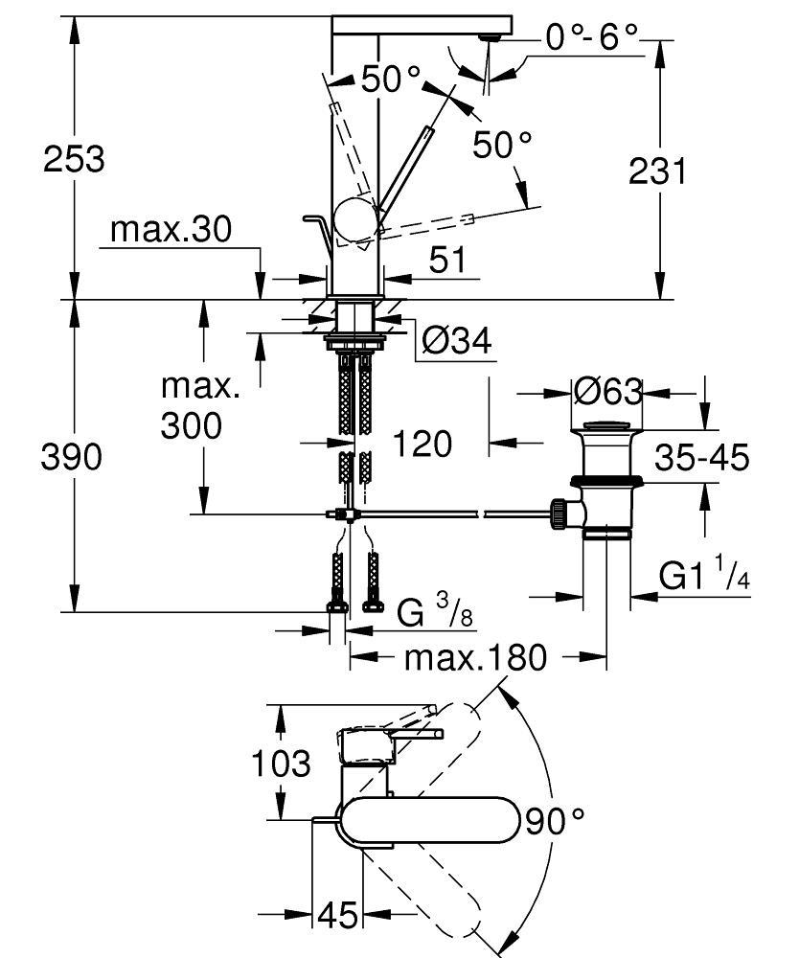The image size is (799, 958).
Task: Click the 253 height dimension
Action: pyautogui.click(x=74, y=158)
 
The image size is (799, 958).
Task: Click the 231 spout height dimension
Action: pyautogui.click(x=657, y=171)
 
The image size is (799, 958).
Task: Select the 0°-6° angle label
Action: pyautogui.click(x=591, y=37)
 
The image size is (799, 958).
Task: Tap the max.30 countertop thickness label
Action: pyautogui.click(x=171, y=230)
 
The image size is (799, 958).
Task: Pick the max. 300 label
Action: pyautogui.click(x=200, y=408)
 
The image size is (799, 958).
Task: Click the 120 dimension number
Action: pyautogui.click(x=422, y=444)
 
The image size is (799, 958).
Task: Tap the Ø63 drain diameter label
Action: pyautogui.click(x=608, y=391)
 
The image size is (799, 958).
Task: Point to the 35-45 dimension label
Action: pyautogui.click(x=701, y=458)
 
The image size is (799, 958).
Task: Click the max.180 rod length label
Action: pyautogui.click(x=475, y=657)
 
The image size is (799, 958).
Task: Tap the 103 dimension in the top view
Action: pyautogui.click(x=281, y=764)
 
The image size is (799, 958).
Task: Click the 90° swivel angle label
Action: pyautogui.click(x=555, y=820)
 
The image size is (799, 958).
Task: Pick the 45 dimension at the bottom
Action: pyautogui.click(x=336, y=916)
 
